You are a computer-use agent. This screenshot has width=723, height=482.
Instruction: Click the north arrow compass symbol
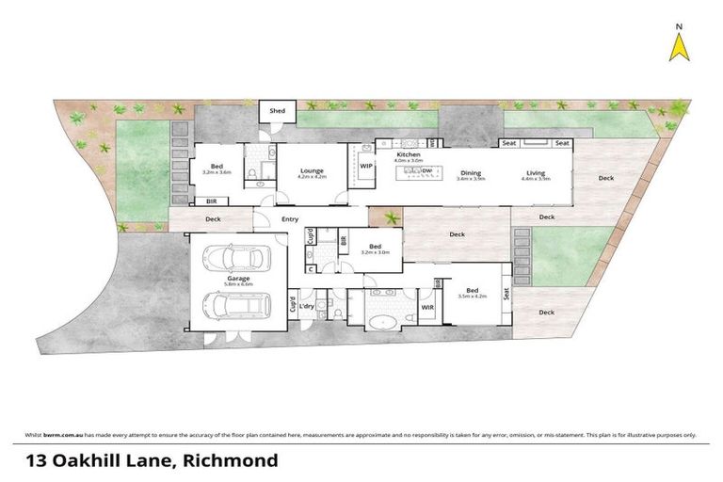coord(677,47)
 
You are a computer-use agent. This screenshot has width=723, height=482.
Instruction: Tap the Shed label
coord(278,111)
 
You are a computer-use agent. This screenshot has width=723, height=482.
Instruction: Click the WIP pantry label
coord(366,166)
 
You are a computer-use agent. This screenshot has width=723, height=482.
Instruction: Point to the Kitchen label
coord(408,153)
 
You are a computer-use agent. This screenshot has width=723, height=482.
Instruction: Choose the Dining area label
coord(471,171)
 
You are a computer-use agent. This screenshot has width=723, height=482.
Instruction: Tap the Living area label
coord(536,171)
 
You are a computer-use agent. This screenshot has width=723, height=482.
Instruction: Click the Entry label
coord(290,219)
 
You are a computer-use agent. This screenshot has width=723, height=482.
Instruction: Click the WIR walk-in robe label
coord(426,306)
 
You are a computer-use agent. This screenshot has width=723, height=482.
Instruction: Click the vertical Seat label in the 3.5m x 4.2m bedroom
coord(506,294)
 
